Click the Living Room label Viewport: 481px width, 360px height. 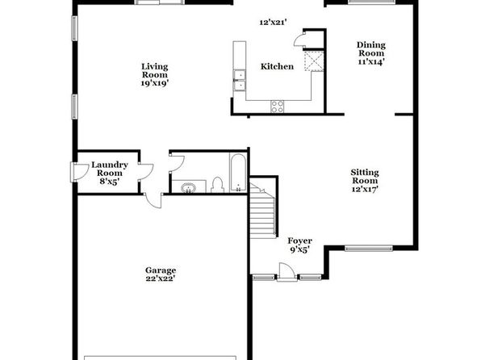[155, 70]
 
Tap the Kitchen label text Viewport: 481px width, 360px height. [277, 67]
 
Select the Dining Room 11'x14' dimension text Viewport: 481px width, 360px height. [371, 61]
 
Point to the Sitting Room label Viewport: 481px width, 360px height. [365, 177]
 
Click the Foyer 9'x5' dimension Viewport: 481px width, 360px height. [299, 250]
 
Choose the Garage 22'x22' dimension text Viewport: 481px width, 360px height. [161, 278]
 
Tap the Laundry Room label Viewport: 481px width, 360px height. [110, 169]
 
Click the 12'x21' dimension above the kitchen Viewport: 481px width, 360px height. [273, 22]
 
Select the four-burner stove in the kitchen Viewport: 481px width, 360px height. [278, 107]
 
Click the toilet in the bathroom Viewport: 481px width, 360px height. [217, 185]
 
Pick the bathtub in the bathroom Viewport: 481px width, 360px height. [238, 173]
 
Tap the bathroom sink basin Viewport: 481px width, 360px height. [188, 187]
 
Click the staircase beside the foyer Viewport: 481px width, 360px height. [262, 210]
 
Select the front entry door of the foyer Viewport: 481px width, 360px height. [287, 272]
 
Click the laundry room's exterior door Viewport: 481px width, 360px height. [77, 172]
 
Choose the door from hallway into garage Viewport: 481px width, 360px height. [153, 201]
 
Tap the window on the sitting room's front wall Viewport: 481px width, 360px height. [369, 249]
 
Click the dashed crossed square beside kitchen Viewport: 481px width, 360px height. [314, 61]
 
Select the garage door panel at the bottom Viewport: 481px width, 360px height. [160, 358]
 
